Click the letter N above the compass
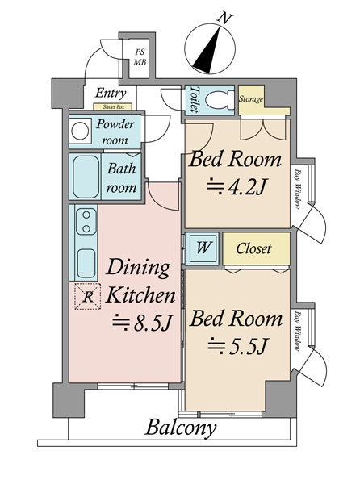pos(224,18)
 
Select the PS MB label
pos(140,57)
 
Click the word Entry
pos(111,94)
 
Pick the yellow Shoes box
pos(113,106)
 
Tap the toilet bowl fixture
pos(220,100)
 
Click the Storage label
pos(251,99)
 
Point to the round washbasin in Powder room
pos(80,131)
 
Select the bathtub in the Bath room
pos(86,177)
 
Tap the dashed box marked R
pos(88,296)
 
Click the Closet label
pos(253,248)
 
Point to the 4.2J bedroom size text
pos(237,186)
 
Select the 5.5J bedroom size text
pos(237,346)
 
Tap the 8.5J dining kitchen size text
pos(142,323)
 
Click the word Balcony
pos(182,428)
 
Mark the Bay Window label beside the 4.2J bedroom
pos(297,190)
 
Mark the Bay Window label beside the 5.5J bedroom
pos(297,332)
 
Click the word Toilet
pos(195,99)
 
